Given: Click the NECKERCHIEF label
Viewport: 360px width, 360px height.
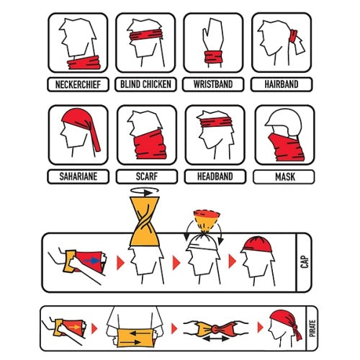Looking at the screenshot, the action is [x=78, y=84].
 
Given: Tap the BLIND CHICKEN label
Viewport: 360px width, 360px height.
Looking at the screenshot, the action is [x=145, y=84].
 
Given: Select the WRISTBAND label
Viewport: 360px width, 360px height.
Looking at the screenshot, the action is [x=213, y=84].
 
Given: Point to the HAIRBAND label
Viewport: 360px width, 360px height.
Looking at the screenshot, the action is [x=282, y=84].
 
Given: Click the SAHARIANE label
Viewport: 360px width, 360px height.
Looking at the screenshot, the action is [x=78, y=176].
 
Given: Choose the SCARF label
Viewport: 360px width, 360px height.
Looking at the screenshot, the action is [x=147, y=176].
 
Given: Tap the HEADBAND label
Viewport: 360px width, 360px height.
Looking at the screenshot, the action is [x=215, y=176].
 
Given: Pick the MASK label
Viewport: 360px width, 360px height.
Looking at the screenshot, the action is [x=285, y=177].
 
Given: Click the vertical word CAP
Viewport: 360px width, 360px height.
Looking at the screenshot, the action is [x=305, y=262].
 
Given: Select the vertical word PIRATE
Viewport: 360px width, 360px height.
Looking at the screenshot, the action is [x=312, y=328].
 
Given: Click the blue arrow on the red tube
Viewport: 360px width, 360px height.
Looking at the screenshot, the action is [x=91, y=261].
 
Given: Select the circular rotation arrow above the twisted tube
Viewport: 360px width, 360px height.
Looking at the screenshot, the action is [x=145, y=192].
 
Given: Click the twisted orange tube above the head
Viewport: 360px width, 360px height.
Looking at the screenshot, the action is [x=145, y=221].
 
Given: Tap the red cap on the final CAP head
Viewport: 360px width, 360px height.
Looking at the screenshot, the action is [x=257, y=245].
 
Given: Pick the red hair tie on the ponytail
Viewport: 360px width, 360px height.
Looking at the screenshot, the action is [x=293, y=36].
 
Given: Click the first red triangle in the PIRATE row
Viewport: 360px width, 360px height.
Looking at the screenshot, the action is [x=94, y=328].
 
